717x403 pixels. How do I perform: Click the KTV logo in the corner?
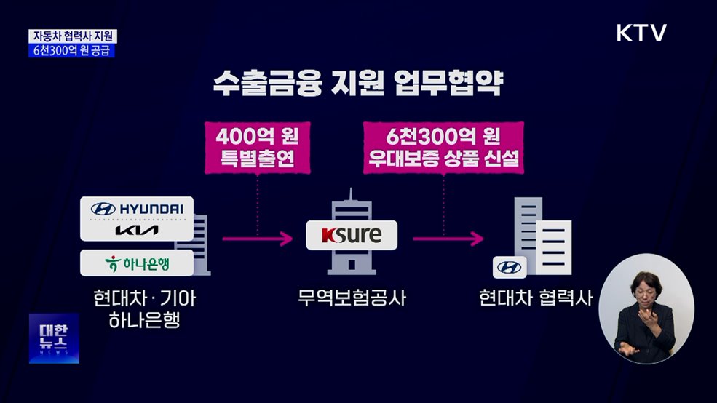(641, 33)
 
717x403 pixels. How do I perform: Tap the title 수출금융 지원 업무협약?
(357, 83)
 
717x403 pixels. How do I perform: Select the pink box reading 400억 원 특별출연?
(258, 148)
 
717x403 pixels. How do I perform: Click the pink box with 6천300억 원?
(443, 148)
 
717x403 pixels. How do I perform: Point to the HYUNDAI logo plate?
(137, 209)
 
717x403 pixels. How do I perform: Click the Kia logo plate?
(137, 232)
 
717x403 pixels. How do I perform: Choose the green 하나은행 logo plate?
(137, 263)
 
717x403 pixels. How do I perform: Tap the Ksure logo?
(352, 236)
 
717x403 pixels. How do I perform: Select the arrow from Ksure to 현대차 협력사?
(447, 237)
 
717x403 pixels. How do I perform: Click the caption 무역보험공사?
(352, 298)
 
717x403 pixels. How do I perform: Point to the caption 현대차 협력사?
(536, 298)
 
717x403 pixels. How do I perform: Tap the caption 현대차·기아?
(144, 298)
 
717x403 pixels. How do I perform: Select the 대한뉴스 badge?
(54, 338)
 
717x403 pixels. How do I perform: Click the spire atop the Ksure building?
(351, 196)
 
